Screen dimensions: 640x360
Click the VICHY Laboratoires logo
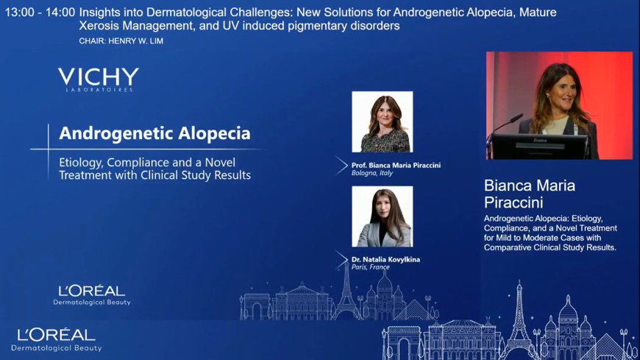click(99, 80)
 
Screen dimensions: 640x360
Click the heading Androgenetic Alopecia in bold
click(154, 133)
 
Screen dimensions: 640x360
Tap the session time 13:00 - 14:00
click(40, 13)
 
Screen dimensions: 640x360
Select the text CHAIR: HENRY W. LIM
click(121, 41)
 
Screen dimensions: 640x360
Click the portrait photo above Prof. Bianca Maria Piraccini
click(383, 121)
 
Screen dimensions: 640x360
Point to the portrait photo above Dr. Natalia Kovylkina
click(383, 216)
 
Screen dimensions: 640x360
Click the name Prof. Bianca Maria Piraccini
click(396, 165)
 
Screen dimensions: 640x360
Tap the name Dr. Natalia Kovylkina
click(385, 259)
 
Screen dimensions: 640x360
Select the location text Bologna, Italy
click(371, 173)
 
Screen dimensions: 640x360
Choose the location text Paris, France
click(371, 267)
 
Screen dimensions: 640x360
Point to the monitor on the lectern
click(540, 146)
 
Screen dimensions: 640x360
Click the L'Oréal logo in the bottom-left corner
click(57, 340)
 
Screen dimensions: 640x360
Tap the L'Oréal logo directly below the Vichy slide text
click(92, 295)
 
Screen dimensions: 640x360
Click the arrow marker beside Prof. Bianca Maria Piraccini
click(341, 166)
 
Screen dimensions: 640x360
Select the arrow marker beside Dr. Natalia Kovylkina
click(341, 260)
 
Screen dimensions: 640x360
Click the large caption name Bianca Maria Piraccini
click(530, 194)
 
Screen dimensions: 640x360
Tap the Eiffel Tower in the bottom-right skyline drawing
click(519, 319)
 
